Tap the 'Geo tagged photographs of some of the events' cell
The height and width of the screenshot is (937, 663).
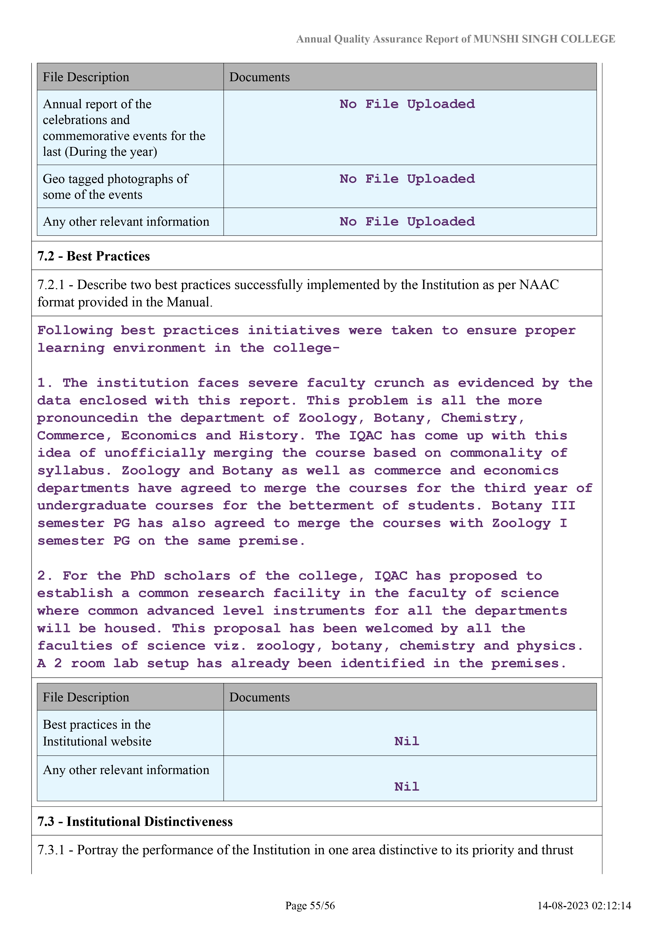pyautogui.click(x=115, y=186)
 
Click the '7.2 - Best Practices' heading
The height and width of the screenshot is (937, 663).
pyautogui.click(x=94, y=256)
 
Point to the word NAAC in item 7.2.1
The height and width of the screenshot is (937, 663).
pyautogui.click(x=539, y=285)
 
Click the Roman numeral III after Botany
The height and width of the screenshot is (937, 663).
pyautogui.click(x=563, y=506)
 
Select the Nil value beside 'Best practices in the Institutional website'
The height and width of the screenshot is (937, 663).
pyautogui.click(x=407, y=741)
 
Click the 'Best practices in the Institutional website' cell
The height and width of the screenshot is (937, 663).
pyautogui.click(x=97, y=733)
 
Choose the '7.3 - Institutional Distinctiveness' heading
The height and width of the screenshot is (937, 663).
pyautogui.click(x=135, y=822)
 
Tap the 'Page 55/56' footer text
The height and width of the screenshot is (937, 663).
pyautogui.click(x=310, y=905)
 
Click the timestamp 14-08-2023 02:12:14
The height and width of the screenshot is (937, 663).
pyautogui.click(x=584, y=905)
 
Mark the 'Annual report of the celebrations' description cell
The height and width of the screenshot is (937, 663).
pyautogui.click(x=124, y=128)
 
